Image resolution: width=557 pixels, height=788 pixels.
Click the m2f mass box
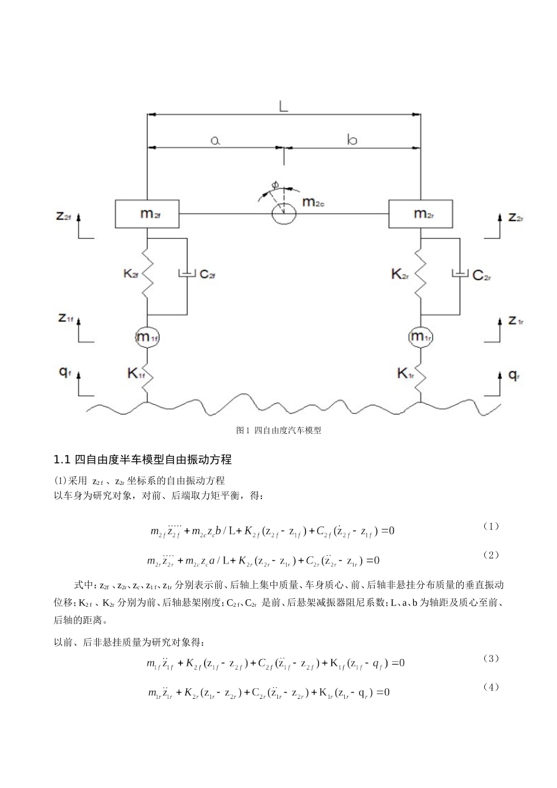(x=147, y=213)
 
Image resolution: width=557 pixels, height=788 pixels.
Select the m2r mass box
(x=421, y=213)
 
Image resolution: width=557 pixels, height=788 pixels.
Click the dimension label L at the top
(x=284, y=106)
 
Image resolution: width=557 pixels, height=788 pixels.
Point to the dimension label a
(x=215, y=140)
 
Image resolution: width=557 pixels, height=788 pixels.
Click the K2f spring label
(x=131, y=274)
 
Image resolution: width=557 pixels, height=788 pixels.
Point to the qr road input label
(x=514, y=375)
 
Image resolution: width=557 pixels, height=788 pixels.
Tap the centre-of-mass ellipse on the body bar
(x=284, y=214)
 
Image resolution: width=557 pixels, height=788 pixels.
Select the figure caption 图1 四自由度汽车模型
(x=278, y=430)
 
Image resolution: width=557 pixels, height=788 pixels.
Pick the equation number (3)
(x=491, y=658)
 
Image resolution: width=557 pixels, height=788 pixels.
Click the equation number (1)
(x=491, y=526)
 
